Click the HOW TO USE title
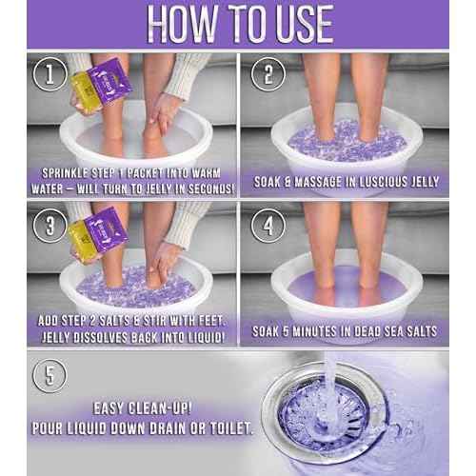pyautogui.click(x=238, y=21)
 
